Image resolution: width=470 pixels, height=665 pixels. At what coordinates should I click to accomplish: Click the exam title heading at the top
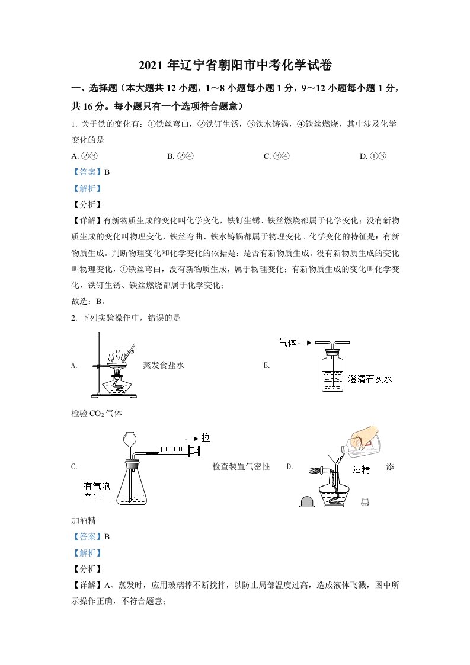coord(235,65)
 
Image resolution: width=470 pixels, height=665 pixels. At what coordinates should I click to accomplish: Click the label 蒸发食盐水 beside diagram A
coord(164,366)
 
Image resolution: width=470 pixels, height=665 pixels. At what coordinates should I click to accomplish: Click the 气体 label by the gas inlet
coord(287,343)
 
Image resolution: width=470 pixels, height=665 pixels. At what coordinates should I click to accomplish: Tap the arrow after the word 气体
coord(305,343)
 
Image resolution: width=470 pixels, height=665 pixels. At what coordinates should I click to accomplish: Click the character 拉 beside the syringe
coord(206,438)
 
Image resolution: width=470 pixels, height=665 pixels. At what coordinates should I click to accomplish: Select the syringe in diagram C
coord(172,452)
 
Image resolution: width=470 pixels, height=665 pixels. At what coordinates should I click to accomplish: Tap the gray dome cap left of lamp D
coord(307,501)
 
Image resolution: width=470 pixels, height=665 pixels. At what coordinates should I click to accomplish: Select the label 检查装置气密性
coord(241,467)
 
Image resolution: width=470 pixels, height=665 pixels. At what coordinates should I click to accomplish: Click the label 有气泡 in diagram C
coord(97,486)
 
